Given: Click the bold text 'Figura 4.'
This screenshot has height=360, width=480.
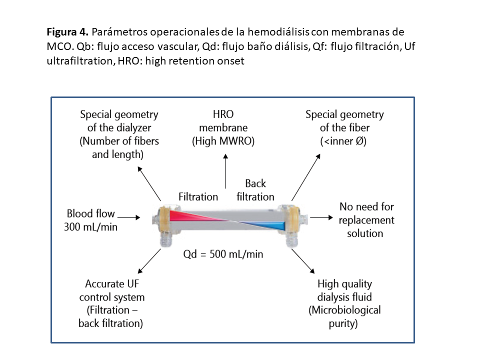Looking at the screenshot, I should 67,32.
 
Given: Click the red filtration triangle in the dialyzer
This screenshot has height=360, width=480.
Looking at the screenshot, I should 187,215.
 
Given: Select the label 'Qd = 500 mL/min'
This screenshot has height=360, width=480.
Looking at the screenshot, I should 223,254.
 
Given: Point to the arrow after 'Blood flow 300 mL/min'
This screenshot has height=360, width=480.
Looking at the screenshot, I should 128,217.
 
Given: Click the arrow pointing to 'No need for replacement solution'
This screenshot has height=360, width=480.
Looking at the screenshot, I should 321,217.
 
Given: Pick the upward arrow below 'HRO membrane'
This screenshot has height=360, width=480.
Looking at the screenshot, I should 226,171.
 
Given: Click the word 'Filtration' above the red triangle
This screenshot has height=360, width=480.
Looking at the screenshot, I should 198,196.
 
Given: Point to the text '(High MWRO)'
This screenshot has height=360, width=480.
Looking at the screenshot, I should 223,141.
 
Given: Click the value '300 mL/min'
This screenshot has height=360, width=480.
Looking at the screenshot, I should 90,226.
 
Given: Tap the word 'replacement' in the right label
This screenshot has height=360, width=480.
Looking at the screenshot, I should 366,220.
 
